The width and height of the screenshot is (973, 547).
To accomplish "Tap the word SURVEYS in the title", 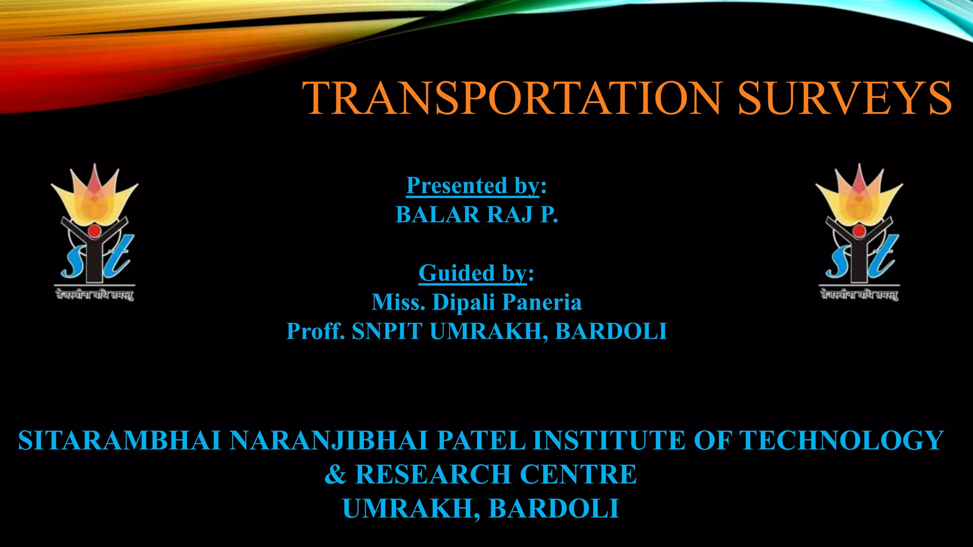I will coord(844,98).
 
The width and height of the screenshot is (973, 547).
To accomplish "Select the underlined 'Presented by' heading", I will coord(473,186).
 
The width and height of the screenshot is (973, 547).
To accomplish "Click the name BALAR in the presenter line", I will coord(438,215).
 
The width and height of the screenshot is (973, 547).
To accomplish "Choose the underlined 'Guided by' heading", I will coord(473,273).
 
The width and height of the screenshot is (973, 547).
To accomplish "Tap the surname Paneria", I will coord(542,302).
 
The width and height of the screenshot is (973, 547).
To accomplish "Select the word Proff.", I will coord(315,331).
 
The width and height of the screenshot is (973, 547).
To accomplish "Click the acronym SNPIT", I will coord(387,331).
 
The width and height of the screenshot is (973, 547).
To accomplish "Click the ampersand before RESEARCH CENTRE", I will coord(335,474).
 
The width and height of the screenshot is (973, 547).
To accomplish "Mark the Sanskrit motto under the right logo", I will coord(859,295).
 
